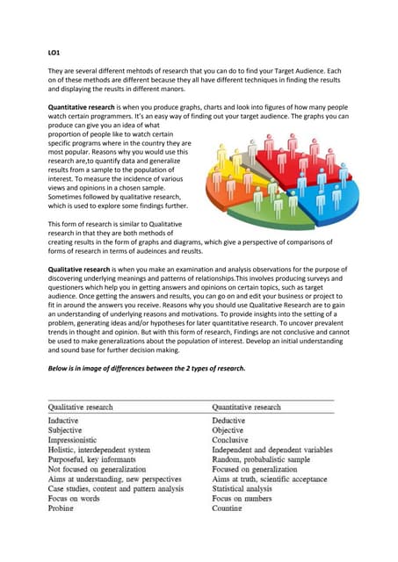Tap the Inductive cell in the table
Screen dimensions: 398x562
(69, 421)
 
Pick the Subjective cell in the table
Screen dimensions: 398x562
(70, 433)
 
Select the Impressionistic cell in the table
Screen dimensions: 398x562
(80, 443)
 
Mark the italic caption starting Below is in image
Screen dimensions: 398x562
(145, 367)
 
